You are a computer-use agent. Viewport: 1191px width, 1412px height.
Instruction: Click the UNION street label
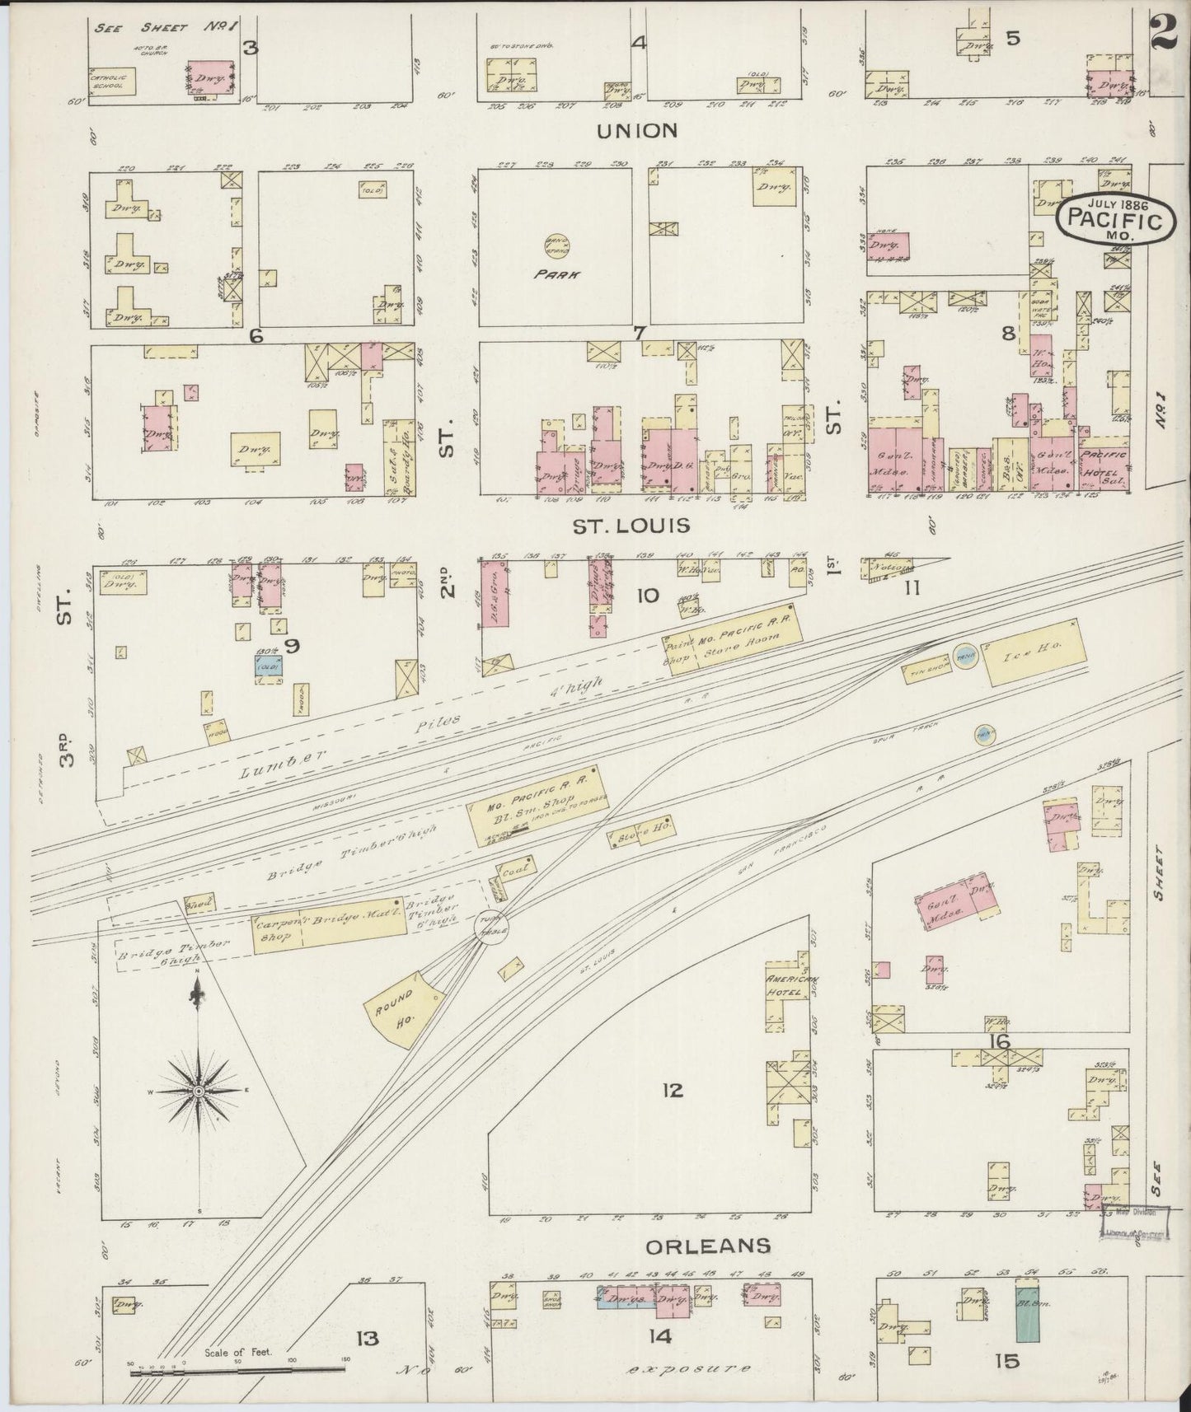(638, 130)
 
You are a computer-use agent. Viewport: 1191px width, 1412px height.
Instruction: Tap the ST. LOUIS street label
(631, 525)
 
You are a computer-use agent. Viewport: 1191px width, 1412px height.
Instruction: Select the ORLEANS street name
(708, 1246)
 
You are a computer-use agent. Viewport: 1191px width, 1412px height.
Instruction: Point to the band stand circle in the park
(553, 244)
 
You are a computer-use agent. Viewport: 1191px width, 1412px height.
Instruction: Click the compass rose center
(198, 1091)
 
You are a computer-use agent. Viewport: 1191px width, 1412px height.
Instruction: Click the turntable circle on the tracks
(491, 928)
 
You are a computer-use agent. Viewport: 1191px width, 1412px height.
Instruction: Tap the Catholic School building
(112, 80)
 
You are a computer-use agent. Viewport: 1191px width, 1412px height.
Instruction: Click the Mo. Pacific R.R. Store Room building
(735, 643)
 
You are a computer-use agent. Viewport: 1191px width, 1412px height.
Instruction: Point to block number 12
(673, 1091)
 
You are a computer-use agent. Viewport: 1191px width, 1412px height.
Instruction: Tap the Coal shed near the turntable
(515, 868)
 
